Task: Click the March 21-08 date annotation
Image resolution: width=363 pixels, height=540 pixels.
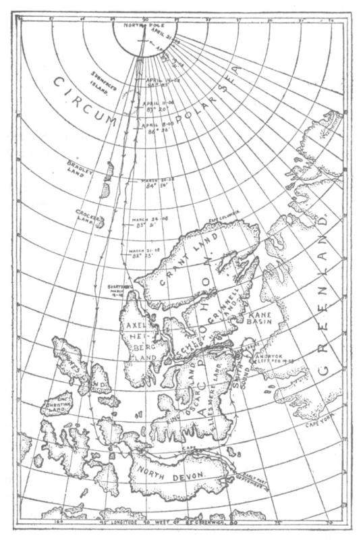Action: [x=134, y=252]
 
